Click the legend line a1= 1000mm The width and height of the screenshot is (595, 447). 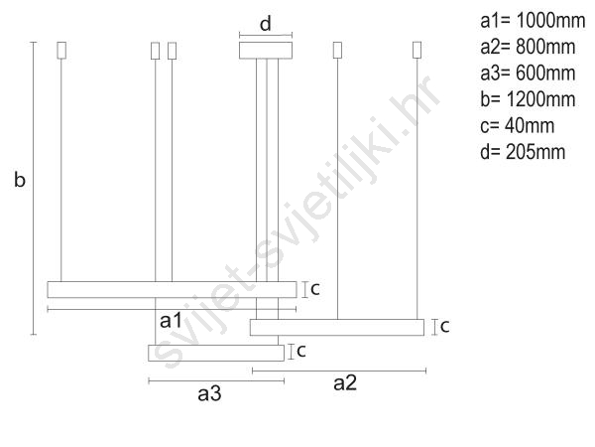coord(533,21)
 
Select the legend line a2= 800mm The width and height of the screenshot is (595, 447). coord(528,47)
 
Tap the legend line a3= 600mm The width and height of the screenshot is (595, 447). coord(528,74)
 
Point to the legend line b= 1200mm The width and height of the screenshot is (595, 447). coord(528,99)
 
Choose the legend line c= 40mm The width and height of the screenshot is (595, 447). coord(518,126)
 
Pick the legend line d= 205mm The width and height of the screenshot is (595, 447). coord(523,152)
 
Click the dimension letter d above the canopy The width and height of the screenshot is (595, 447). coord(266,24)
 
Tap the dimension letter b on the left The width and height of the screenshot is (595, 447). coord(20,179)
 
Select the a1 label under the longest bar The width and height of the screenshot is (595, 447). coord(172,321)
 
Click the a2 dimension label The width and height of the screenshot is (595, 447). coord(345,383)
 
